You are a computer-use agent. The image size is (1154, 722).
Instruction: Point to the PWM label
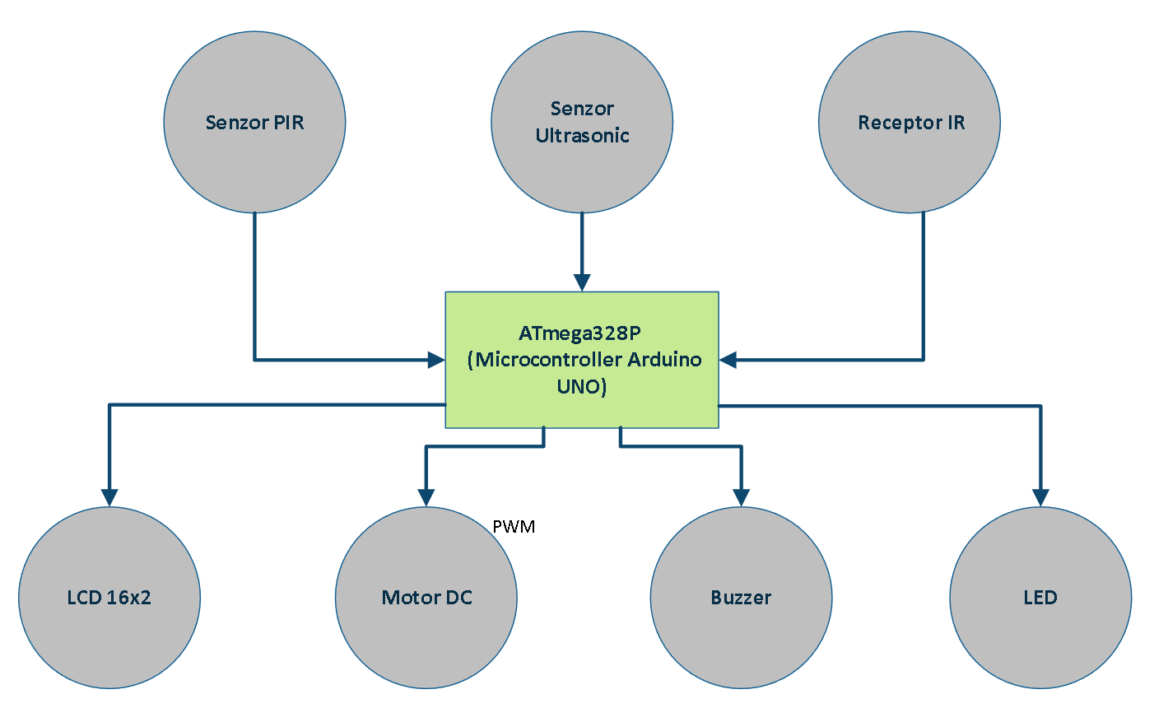point(514,527)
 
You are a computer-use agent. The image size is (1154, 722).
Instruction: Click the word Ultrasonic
point(582,136)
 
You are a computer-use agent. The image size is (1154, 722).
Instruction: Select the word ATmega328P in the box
point(579,333)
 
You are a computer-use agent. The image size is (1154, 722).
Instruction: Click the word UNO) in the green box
point(582,386)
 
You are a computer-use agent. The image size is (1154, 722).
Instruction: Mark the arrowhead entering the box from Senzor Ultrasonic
point(582,283)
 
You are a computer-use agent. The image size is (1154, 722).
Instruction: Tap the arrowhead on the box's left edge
point(436,360)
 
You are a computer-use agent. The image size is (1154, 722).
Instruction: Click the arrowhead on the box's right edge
point(728,360)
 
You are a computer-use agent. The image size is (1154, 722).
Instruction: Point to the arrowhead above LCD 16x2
point(109,497)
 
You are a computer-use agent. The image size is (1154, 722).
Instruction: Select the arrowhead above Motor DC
point(426,497)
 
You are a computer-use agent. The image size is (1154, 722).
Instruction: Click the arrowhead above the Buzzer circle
point(741,497)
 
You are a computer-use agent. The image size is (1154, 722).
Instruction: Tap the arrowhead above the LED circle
point(1040,497)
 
